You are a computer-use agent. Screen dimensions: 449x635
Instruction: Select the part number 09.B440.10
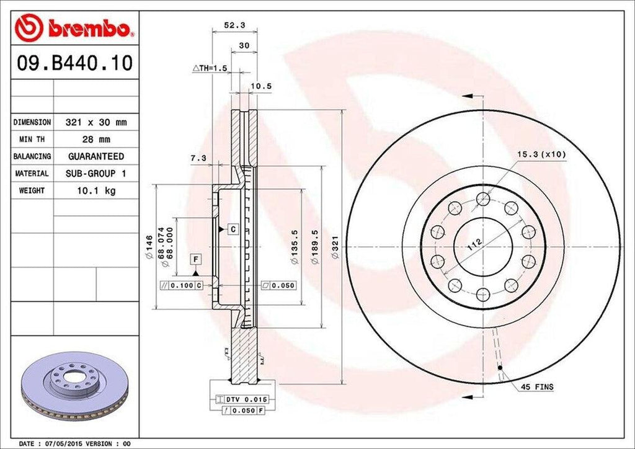(x=74, y=64)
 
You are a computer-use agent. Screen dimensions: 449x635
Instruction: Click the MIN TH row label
(x=32, y=140)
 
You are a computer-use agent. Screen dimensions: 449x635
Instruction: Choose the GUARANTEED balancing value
(x=95, y=156)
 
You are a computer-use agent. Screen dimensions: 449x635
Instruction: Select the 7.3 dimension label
(x=198, y=158)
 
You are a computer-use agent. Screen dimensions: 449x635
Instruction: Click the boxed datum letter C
(x=233, y=229)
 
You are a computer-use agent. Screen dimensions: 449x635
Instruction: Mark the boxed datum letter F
(x=195, y=257)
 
